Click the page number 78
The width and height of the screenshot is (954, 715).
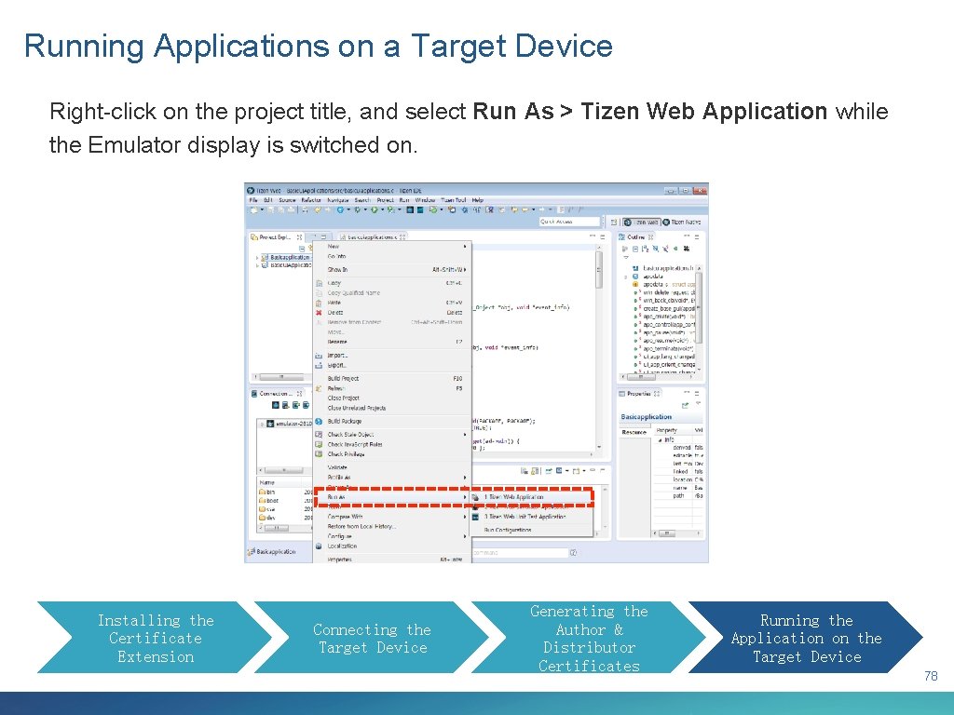(931, 677)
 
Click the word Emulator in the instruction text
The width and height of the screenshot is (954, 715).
(134, 145)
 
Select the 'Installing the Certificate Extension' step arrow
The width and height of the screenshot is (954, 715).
(149, 638)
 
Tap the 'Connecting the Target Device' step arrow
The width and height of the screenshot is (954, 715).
(371, 638)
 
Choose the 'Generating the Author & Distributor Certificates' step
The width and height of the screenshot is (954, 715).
(589, 638)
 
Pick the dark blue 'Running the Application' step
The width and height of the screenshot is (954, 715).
(806, 638)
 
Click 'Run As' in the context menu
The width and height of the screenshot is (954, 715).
(336, 497)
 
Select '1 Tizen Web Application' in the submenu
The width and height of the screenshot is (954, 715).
(513, 497)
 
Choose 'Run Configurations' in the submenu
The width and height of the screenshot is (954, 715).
(508, 530)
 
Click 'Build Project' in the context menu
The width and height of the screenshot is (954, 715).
(343, 379)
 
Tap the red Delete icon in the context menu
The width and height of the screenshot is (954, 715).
(319, 313)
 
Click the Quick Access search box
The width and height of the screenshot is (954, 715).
(569, 222)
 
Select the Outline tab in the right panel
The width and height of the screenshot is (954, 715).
(636, 237)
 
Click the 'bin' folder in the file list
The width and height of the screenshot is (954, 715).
(269, 492)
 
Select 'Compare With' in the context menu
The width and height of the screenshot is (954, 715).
(345, 517)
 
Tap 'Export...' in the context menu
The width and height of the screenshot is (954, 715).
(336, 365)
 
